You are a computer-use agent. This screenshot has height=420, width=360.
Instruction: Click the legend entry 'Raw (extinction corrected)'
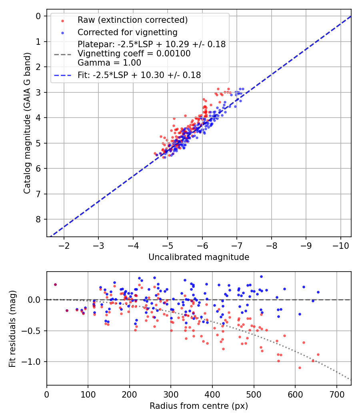coord(132,20)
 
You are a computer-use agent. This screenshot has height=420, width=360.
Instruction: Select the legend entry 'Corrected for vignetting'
coord(127,32)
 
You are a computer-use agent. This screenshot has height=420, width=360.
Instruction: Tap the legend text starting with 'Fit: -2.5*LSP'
coord(139,75)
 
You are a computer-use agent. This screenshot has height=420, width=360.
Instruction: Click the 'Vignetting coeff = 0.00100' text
coord(134,54)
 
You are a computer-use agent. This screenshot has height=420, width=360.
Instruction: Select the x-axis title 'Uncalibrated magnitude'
coord(199,257)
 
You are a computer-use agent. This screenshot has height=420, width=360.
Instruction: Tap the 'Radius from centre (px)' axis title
coord(199,406)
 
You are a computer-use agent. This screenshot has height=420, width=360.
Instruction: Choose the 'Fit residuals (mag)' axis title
coord(12,328)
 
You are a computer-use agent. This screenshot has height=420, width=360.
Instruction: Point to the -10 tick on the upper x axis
coord(340,245)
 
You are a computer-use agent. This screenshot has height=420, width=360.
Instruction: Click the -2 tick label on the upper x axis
coord(64,245)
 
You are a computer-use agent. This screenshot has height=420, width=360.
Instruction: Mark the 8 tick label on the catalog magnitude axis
coord(38,219)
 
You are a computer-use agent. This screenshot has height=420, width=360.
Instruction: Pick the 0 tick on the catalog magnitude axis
coord(38,16)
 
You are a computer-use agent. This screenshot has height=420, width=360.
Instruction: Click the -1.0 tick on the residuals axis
coord(34,362)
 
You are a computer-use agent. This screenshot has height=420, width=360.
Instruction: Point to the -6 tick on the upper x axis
coord(202,245)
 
